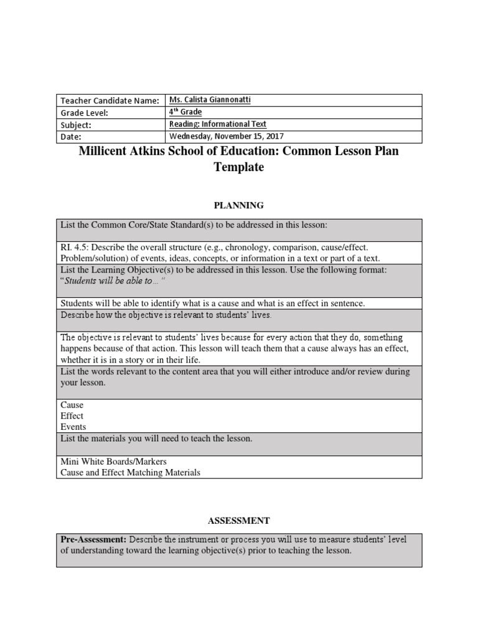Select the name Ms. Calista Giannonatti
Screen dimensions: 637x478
pos(211,100)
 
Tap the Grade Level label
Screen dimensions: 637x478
pos(84,113)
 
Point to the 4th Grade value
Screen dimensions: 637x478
pos(185,112)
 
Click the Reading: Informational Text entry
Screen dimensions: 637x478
pos(218,124)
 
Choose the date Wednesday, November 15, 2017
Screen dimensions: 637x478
pos(227,136)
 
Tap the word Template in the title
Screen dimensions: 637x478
pos(239,167)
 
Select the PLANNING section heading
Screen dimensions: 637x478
pos(239,205)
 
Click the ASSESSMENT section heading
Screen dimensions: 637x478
pos(239,520)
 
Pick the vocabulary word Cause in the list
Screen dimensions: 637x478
pos(72,405)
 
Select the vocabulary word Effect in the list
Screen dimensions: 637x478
pos(72,416)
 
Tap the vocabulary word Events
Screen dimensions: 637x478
pos(73,427)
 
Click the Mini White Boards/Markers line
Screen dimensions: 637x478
pos(110,462)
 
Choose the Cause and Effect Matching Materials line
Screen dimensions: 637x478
pos(130,473)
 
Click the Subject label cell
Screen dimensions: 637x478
pos(75,124)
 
